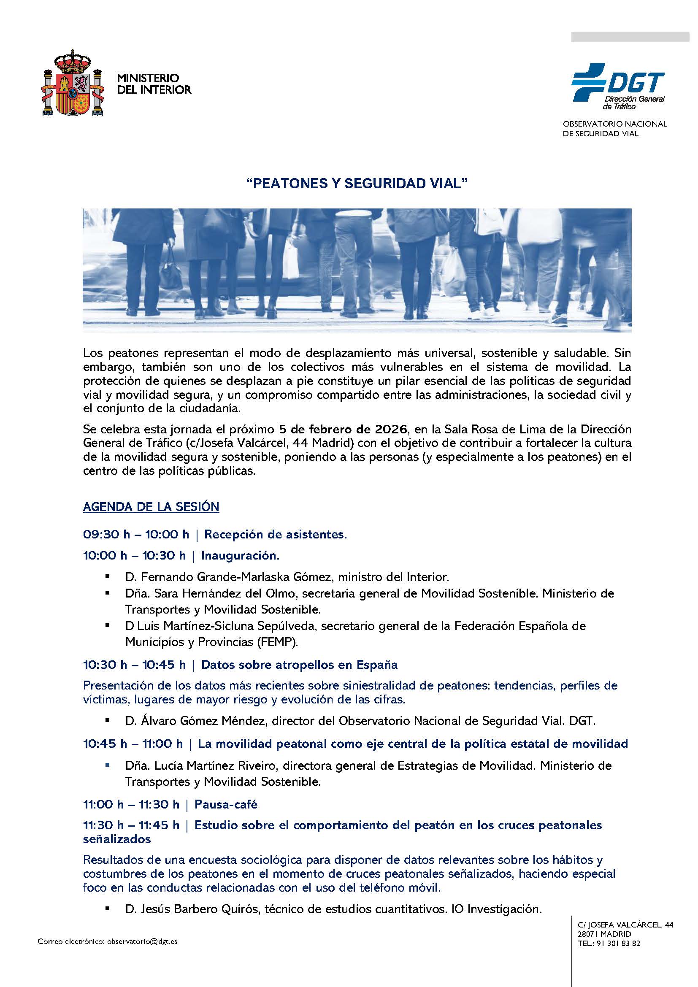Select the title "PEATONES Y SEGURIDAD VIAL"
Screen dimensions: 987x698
(x=356, y=184)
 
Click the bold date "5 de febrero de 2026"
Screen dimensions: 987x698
(x=343, y=429)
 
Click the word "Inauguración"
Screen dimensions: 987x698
(x=240, y=555)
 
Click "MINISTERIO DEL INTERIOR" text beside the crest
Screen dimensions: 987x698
(x=154, y=84)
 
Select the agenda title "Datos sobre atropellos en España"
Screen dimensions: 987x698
(x=299, y=665)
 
